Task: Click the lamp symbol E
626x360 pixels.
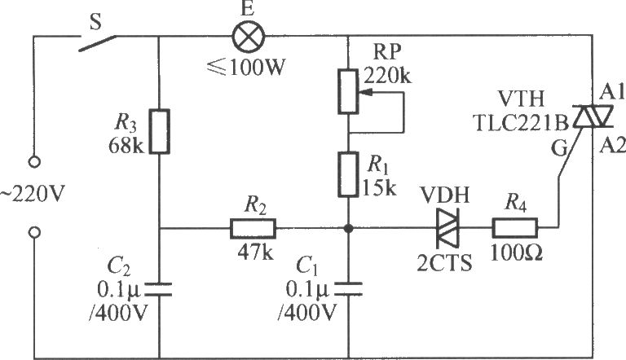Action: pos(249,37)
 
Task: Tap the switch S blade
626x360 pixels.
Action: pos(97,43)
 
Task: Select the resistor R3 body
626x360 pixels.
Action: pos(159,131)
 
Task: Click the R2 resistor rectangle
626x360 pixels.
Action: pos(253,228)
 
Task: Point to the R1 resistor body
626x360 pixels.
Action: pos(348,174)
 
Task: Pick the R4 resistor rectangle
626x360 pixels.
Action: pos(515,228)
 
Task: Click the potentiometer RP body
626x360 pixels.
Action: pos(348,91)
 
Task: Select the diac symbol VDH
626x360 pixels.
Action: pos(447,228)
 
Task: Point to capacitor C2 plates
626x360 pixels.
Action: pos(158,289)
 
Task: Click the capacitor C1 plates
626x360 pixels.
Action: pos(348,289)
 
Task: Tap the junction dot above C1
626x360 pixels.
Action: pos(349,228)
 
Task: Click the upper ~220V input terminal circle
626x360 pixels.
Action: pos(34,162)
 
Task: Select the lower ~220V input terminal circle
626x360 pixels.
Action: pos(34,232)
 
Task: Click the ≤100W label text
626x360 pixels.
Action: pos(246,68)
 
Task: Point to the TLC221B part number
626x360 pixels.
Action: pos(521,123)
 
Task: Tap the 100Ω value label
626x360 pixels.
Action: pos(516,252)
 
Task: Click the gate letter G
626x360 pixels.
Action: pos(559,148)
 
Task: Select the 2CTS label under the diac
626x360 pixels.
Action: pos(444,263)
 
